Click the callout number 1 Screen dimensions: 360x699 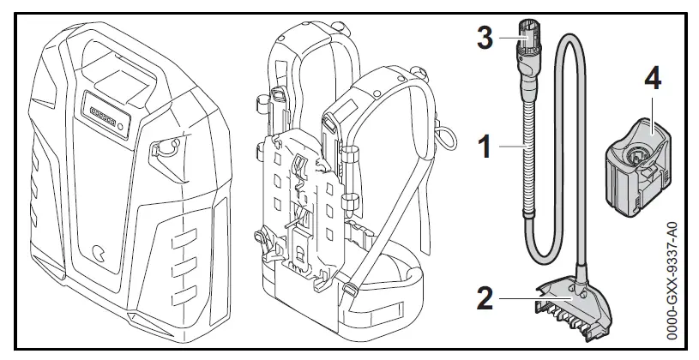(485, 147)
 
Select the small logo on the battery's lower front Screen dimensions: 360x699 (100, 254)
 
